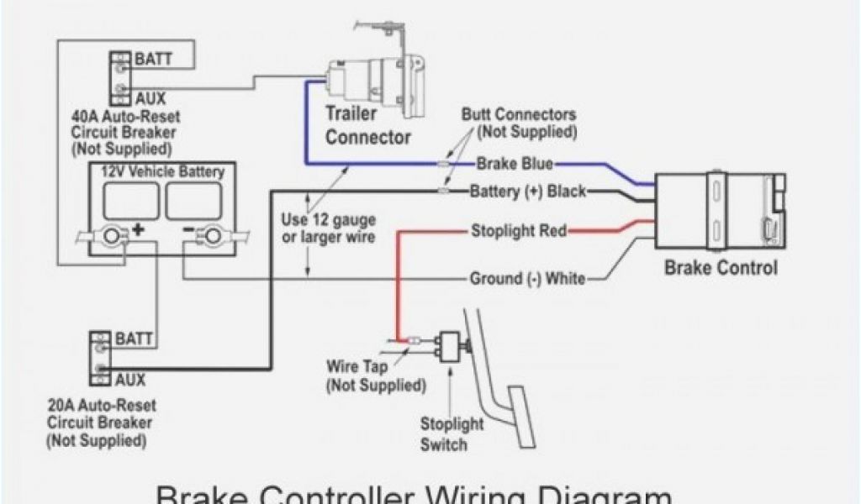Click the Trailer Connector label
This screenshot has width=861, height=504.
pos(368,124)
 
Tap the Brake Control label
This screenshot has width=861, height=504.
pos(721,269)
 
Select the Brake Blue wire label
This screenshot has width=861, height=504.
pos(515,163)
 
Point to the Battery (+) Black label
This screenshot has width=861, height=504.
pos(527,191)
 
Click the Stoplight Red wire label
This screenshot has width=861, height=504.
pos(519,230)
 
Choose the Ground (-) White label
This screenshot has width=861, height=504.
pos(527,278)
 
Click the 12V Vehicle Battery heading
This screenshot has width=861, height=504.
pos(162,172)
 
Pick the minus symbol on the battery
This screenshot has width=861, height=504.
pos(188,228)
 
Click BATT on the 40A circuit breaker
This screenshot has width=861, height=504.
pos(153,60)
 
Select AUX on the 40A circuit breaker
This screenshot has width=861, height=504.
pos(151,97)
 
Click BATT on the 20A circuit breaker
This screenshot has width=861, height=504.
pos(135,339)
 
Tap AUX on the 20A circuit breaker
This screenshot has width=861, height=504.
pos(131,379)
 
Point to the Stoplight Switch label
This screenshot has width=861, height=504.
pos(452,434)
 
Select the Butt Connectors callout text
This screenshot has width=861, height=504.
pos(519,123)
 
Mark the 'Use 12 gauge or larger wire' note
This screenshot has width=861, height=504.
pos(328,228)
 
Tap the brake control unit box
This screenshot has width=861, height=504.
pos(721,212)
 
